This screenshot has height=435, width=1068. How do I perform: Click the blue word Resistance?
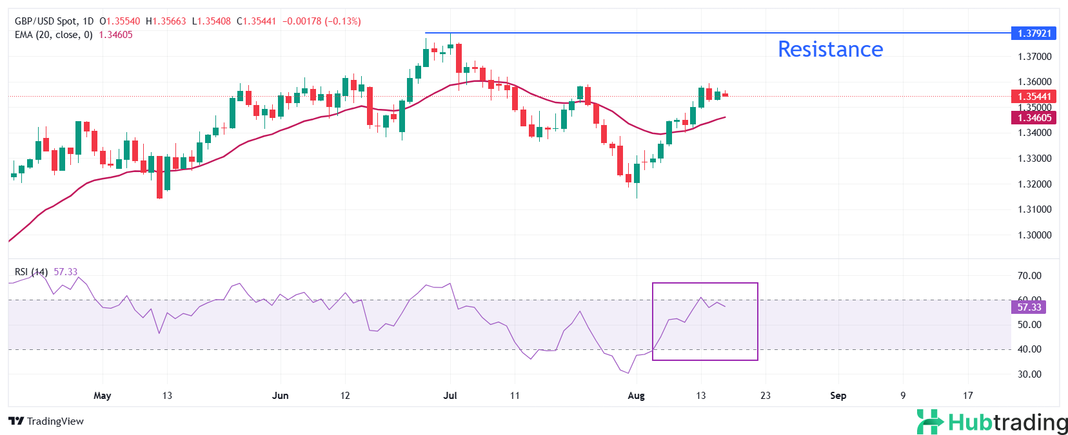coord(830,50)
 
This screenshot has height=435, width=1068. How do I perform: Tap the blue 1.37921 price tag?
coord(1034,33)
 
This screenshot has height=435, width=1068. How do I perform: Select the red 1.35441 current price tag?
coord(1034,97)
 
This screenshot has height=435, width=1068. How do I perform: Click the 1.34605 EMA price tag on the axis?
coord(1034,118)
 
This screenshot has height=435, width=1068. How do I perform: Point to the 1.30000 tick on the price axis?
coord(1034,235)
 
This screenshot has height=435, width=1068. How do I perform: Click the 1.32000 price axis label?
coord(1034,184)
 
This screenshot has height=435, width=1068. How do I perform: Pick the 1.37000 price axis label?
coord(1034,57)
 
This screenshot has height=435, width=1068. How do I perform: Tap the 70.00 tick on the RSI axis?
coord(1029,276)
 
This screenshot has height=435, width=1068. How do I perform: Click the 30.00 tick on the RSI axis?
coord(1029,374)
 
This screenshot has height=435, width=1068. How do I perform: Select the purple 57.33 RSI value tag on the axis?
coord(1029,307)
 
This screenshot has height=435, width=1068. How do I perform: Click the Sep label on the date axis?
coord(838,396)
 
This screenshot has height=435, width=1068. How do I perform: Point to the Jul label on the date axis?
coord(450,396)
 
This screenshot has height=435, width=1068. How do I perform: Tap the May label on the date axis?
coord(102,396)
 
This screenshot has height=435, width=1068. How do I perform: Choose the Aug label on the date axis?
coord(636,396)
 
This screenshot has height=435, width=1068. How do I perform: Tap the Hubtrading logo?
coord(992,422)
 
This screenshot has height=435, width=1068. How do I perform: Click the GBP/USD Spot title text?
coord(44,21)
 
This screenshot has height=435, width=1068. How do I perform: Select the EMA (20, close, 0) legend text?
coord(54,35)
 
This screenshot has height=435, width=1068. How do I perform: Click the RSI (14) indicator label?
coord(31,272)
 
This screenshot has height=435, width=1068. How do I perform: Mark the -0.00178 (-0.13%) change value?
coord(322,21)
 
